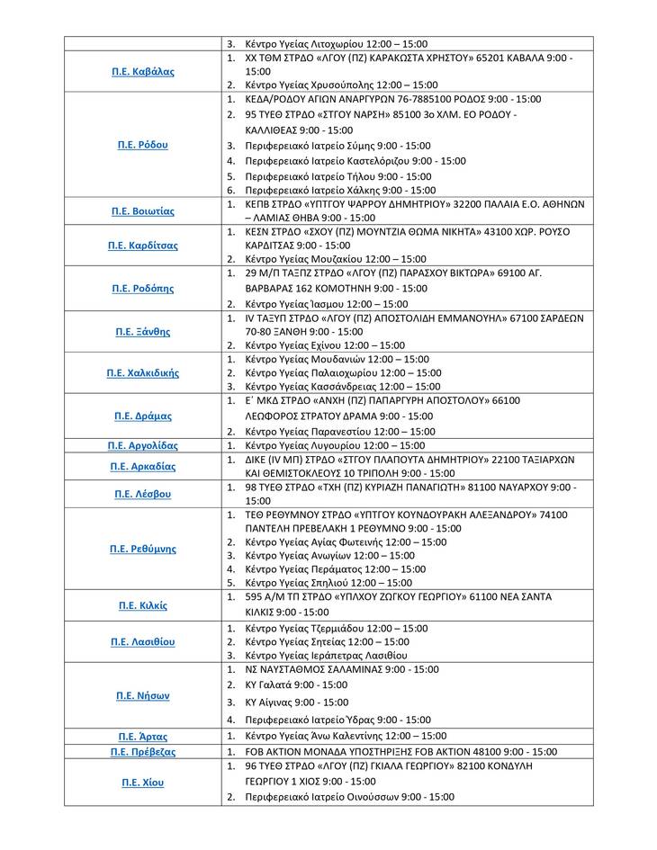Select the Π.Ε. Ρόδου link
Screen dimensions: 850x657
pos(143,145)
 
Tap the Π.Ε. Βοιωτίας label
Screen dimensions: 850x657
pos(143,211)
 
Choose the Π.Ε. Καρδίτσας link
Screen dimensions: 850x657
pos(143,245)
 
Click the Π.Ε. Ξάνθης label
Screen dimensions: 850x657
pos(143,332)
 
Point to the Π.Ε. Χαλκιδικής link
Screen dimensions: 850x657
pos(143,372)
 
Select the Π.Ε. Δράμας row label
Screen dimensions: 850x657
pos(143,416)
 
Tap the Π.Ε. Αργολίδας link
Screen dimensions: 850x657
pos(143,446)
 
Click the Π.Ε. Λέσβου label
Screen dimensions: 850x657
pos(143,494)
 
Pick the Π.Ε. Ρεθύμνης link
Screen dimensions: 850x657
pos(143,549)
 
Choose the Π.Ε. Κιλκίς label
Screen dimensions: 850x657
pos(143,605)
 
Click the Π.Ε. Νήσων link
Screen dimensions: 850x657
pos(143,695)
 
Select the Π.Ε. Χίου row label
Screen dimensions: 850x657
pos(143,783)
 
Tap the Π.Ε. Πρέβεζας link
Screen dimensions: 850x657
pos(143,752)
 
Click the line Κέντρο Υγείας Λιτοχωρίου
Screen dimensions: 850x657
pos(337,43)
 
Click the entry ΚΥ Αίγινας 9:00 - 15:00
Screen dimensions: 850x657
pos(296,702)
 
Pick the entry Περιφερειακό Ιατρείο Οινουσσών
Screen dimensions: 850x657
pos(349,797)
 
